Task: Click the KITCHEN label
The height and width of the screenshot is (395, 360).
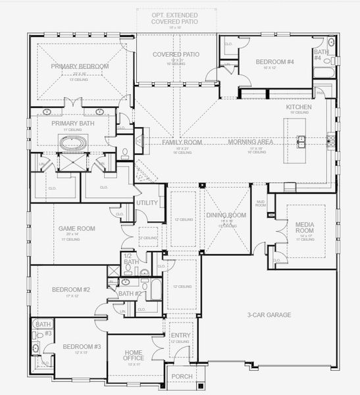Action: [298, 107]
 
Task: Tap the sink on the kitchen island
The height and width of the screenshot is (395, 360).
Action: [301, 140]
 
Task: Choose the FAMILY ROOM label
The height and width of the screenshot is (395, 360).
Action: [182, 142]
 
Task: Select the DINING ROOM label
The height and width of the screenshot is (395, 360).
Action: [226, 215]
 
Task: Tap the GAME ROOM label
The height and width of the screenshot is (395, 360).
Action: [77, 228]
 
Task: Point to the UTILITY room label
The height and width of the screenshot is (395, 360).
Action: [147, 203]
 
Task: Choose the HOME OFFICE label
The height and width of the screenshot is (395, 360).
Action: [134, 355]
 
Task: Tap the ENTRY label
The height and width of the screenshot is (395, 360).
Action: [180, 336]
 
